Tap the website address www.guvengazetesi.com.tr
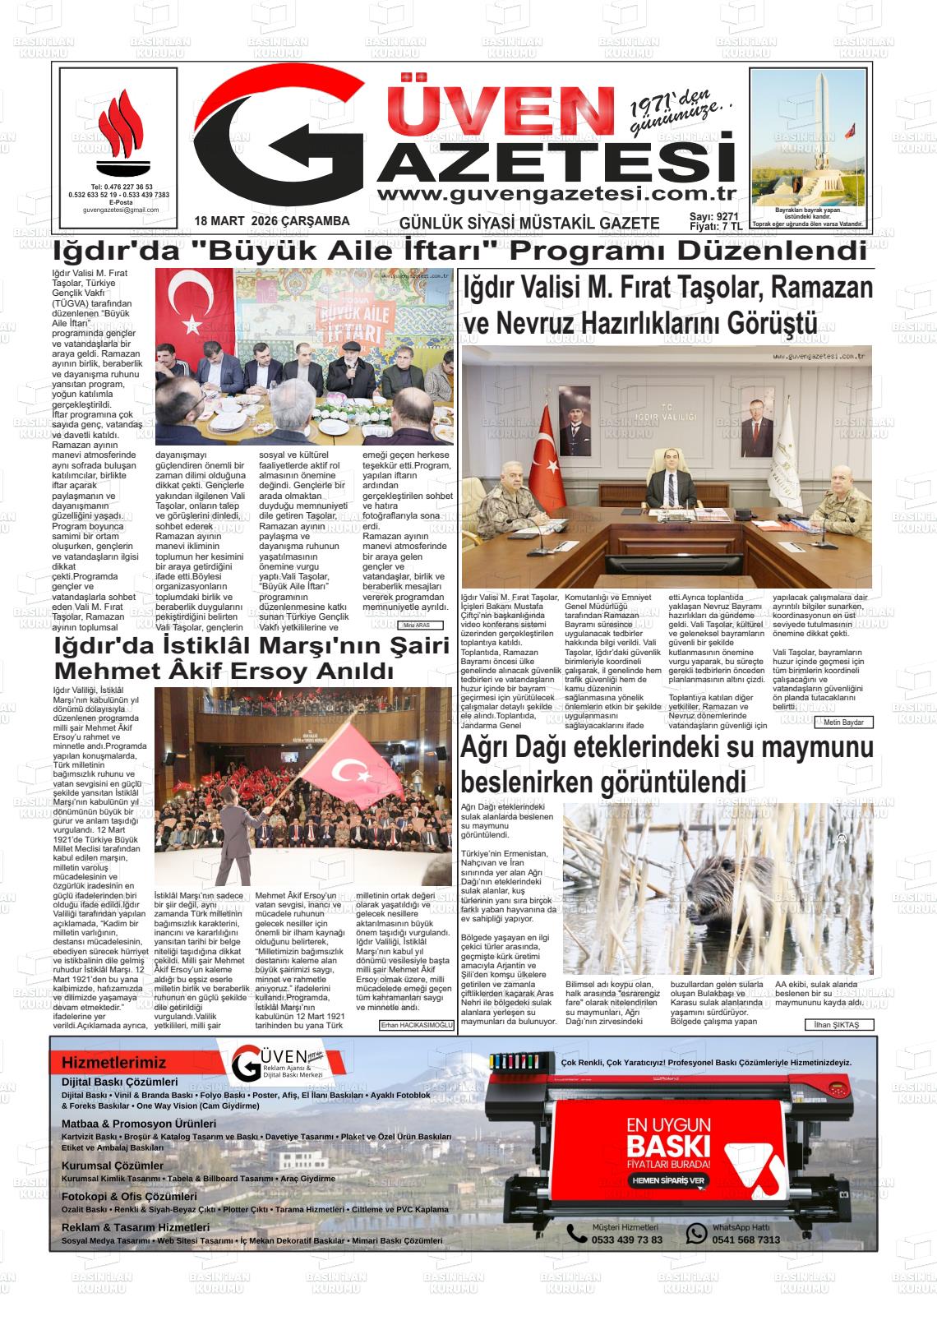555,193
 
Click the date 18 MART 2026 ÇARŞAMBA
272,221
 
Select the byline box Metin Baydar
843,723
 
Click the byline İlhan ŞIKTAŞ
838,1025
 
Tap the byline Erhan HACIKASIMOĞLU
416,1025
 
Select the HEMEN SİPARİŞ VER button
668,1180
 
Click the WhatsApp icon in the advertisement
696,1233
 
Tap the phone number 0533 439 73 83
626,1240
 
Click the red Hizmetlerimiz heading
113,1063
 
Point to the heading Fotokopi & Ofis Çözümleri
129,1197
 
